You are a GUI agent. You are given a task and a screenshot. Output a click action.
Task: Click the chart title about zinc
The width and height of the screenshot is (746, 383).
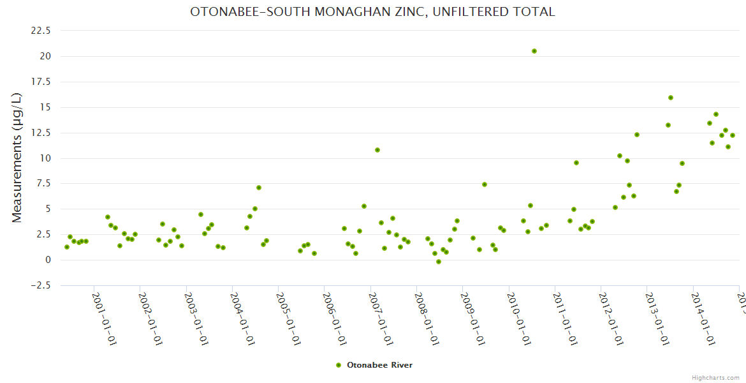[x=372, y=12]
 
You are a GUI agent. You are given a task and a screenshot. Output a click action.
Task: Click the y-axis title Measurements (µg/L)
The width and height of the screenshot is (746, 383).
[x=17, y=158]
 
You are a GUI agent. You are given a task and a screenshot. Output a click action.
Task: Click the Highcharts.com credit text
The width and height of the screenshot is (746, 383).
[x=716, y=377]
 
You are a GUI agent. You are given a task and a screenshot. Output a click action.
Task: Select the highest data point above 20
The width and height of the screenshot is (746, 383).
[x=534, y=51]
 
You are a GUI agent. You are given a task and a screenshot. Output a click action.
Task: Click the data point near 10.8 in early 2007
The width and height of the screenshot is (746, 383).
[x=377, y=150]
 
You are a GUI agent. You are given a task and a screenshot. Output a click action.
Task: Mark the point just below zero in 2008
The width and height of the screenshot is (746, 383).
[x=439, y=262]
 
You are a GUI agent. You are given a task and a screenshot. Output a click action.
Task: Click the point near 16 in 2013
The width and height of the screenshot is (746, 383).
[x=671, y=98]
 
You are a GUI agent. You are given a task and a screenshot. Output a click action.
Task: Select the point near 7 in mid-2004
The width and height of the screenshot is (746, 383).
[x=259, y=188]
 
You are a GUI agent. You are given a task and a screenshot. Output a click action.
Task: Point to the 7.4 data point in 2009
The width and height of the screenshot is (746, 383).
[x=485, y=184]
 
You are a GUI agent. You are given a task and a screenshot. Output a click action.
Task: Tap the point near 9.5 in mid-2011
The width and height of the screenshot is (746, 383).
[x=576, y=163]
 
